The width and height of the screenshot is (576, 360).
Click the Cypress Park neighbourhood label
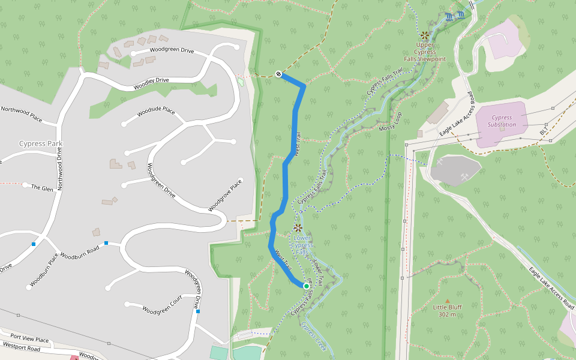[41, 144]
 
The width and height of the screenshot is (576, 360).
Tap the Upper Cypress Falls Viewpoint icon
[425, 35]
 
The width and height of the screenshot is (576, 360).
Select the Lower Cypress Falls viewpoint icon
[298, 228]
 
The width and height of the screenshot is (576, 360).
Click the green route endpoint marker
[306, 286]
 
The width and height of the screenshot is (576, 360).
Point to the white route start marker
[278, 74]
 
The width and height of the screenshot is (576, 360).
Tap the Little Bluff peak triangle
[446, 301]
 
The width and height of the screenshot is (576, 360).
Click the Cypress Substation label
[502, 121]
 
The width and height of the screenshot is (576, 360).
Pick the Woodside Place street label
[156, 112]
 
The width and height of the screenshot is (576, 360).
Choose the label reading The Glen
[42, 188]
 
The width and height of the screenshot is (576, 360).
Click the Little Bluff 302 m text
[446, 311]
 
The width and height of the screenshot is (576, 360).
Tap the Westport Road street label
[22, 347]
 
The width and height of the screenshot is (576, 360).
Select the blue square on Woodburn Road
[106, 243]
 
